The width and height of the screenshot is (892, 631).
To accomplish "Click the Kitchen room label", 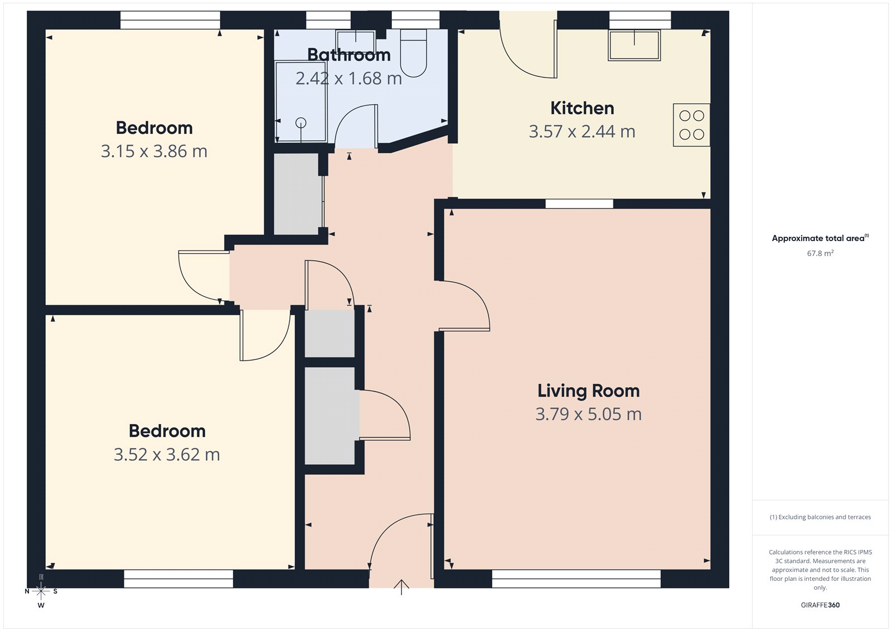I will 582,108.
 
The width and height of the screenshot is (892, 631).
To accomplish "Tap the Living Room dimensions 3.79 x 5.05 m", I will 588,414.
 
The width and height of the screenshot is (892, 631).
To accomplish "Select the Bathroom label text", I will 349,55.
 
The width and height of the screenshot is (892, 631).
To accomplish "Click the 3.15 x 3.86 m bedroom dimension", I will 154,151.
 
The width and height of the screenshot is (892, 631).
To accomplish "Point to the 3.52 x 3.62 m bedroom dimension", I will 167,455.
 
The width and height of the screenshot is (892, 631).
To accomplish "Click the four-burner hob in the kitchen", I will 691,125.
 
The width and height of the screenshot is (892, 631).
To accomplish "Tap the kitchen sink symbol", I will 634,45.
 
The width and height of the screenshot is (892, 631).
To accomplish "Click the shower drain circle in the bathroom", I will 301,123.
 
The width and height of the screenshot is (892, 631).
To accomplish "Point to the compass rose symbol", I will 41,591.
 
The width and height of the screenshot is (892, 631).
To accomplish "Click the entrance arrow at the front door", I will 401,587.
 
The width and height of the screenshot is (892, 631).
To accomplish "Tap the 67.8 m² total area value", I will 820,253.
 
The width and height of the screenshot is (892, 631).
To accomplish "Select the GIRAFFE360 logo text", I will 820,605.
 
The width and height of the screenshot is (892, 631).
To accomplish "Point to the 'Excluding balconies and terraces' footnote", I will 820,517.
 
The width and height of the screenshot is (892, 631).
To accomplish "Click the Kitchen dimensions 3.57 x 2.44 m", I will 582,132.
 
